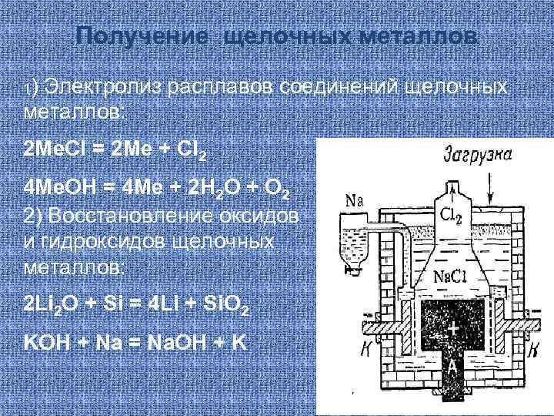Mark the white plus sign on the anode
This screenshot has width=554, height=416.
click(453, 329)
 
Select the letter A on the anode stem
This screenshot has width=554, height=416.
click(453, 366)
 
